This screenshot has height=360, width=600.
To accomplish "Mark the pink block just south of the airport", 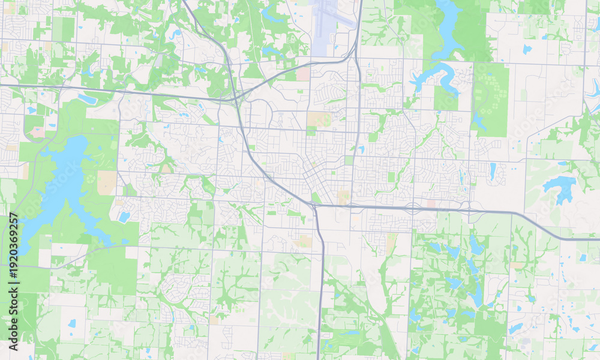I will (304, 73).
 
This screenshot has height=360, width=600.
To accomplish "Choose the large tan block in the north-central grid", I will (319, 119).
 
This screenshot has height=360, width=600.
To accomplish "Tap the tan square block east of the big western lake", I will (107, 182).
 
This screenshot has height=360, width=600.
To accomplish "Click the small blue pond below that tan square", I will (124, 217).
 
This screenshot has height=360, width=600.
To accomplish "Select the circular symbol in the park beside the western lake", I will (90, 179).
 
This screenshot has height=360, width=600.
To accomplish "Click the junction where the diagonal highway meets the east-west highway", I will (314, 206).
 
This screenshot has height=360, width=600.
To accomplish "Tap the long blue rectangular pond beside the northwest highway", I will (87, 98).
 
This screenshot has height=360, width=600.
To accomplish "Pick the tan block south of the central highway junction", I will (305, 241).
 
